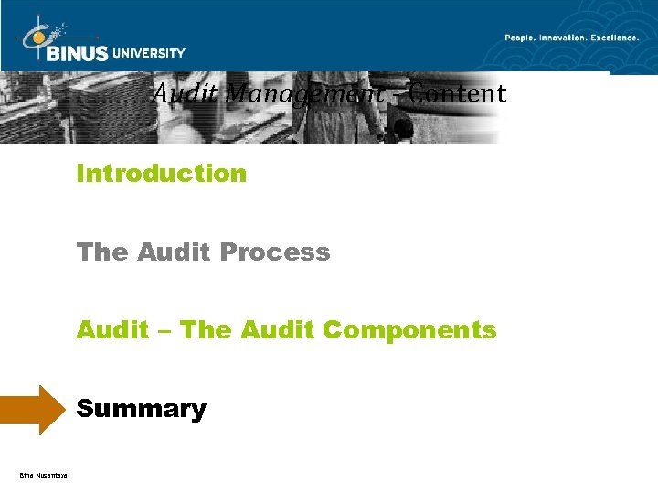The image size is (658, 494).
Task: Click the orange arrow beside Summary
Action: (34, 409)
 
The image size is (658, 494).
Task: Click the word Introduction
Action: (162, 173)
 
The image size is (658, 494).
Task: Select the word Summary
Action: (142, 409)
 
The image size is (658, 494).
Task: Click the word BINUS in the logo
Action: (78, 53)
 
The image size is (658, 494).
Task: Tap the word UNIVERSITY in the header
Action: (149, 53)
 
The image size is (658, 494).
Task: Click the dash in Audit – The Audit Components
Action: (164, 330)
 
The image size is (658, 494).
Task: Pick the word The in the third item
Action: (207, 329)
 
